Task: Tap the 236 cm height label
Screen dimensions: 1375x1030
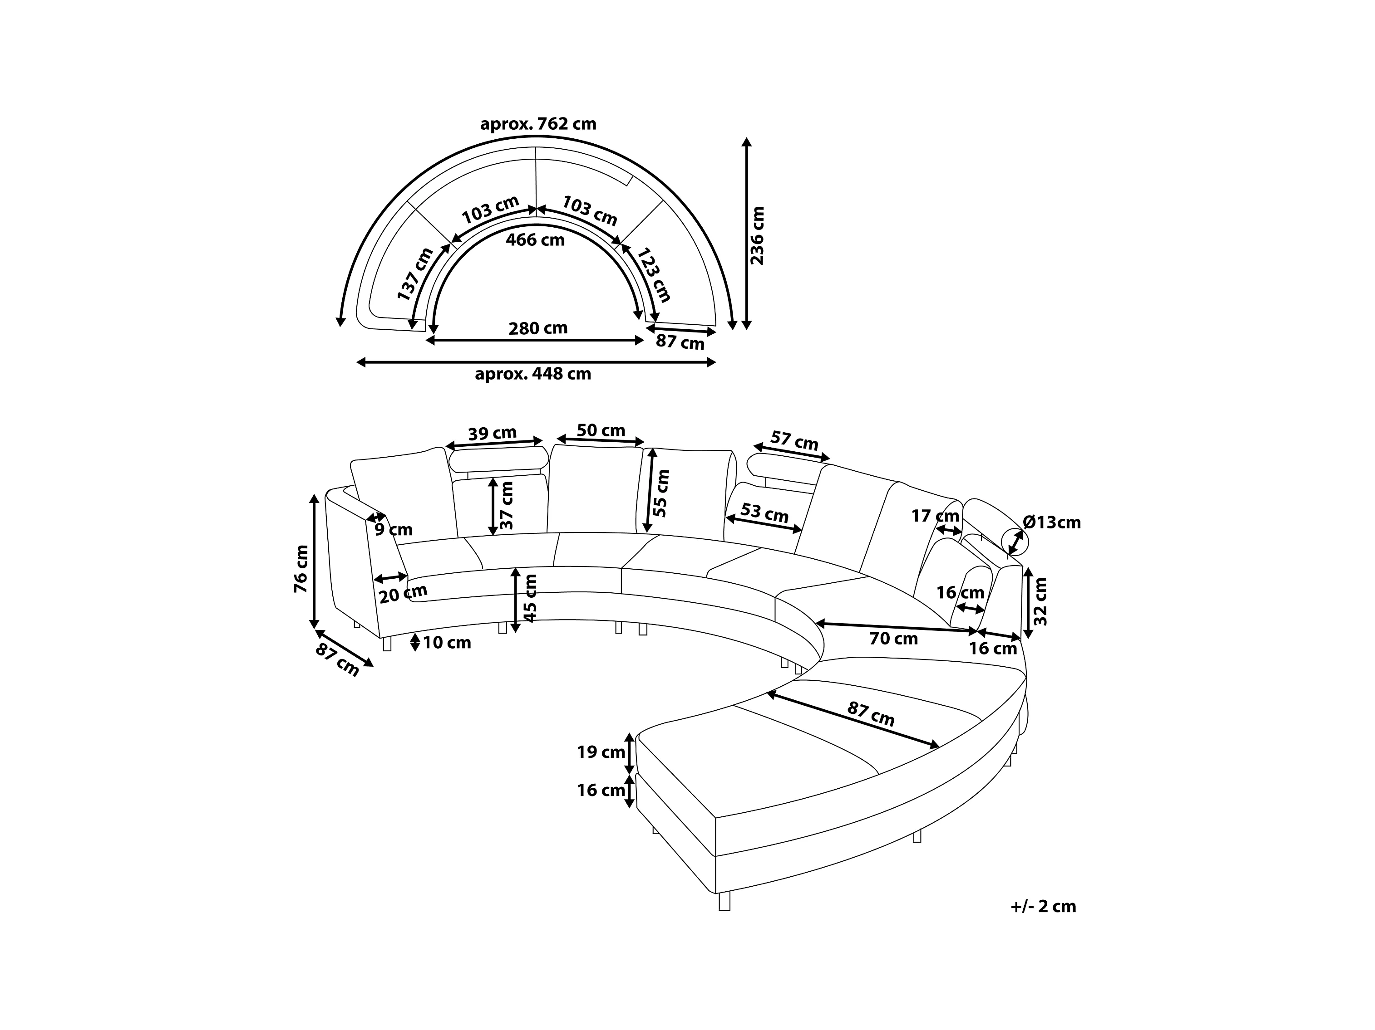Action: (757, 235)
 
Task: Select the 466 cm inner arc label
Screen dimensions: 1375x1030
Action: (535, 239)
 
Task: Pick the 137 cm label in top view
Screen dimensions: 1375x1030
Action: (415, 274)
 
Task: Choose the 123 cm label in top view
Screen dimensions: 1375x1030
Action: (655, 274)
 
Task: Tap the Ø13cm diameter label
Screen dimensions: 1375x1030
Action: (1052, 522)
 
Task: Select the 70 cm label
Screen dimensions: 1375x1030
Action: (893, 639)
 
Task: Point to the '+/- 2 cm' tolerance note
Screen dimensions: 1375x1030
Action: (1043, 906)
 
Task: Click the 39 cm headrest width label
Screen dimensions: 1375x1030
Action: (493, 433)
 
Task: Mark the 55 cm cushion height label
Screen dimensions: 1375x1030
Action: (661, 493)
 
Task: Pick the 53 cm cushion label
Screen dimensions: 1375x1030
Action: (764, 513)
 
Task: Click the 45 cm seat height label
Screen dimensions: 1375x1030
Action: (530, 598)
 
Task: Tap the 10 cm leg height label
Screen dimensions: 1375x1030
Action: (447, 642)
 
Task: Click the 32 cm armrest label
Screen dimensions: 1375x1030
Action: (1040, 602)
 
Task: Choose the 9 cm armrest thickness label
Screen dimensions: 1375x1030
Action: (394, 530)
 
